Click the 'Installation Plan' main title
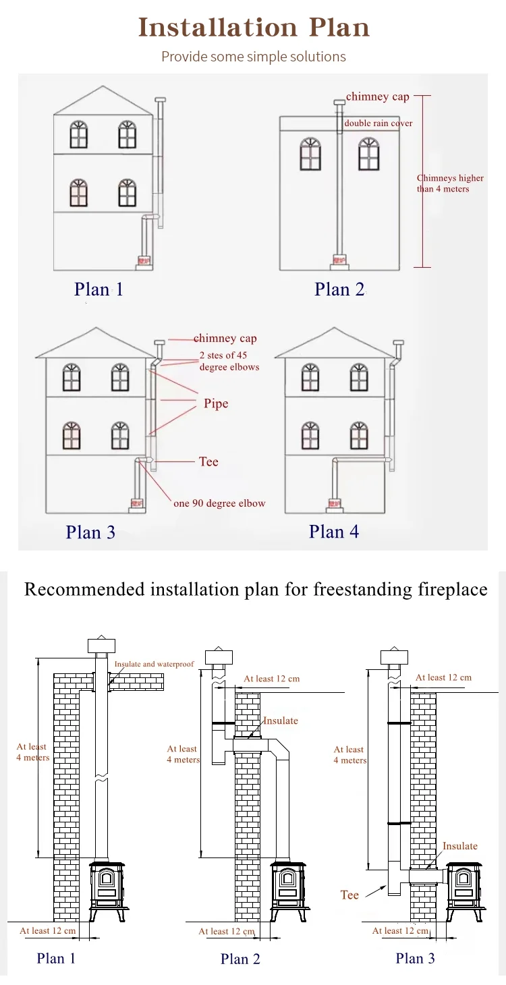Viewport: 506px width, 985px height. pyautogui.click(x=254, y=28)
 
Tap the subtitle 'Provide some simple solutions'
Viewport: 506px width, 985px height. pyautogui.click(x=254, y=57)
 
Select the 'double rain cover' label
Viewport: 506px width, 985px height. pyautogui.click(x=378, y=123)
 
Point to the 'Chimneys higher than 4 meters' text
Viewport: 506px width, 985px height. pyautogui.click(x=450, y=184)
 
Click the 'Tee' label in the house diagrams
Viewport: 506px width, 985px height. pyautogui.click(x=208, y=461)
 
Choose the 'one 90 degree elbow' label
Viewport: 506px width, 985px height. pyautogui.click(x=219, y=503)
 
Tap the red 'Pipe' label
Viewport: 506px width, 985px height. pyautogui.click(x=216, y=403)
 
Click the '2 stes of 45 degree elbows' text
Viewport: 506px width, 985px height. pyautogui.click(x=229, y=361)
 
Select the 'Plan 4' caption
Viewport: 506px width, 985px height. pyautogui.click(x=334, y=532)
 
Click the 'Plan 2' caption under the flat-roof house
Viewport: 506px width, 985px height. pyautogui.click(x=339, y=289)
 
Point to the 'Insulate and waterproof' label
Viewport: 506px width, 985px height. pyautogui.click(x=154, y=664)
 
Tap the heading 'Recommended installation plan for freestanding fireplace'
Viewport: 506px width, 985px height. pyautogui.click(x=256, y=589)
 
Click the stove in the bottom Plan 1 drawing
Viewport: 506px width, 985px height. pyautogui.click(x=108, y=889)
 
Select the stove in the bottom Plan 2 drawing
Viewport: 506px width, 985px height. pyautogui.click(x=290, y=889)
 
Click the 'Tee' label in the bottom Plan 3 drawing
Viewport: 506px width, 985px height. pyautogui.click(x=349, y=895)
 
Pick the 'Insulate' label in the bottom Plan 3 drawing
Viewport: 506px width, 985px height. pyautogui.click(x=459, y=846)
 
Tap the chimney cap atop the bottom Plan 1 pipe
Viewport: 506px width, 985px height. pyautogui.click(x=102, y=644)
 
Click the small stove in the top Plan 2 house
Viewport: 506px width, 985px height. pyautogui.click(x=339, y=259)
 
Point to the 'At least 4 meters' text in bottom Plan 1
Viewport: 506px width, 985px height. pyautogui.click(x=32, y=752)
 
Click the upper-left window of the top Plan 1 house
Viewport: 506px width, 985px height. pyautogui.click(x=79, y=135)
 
